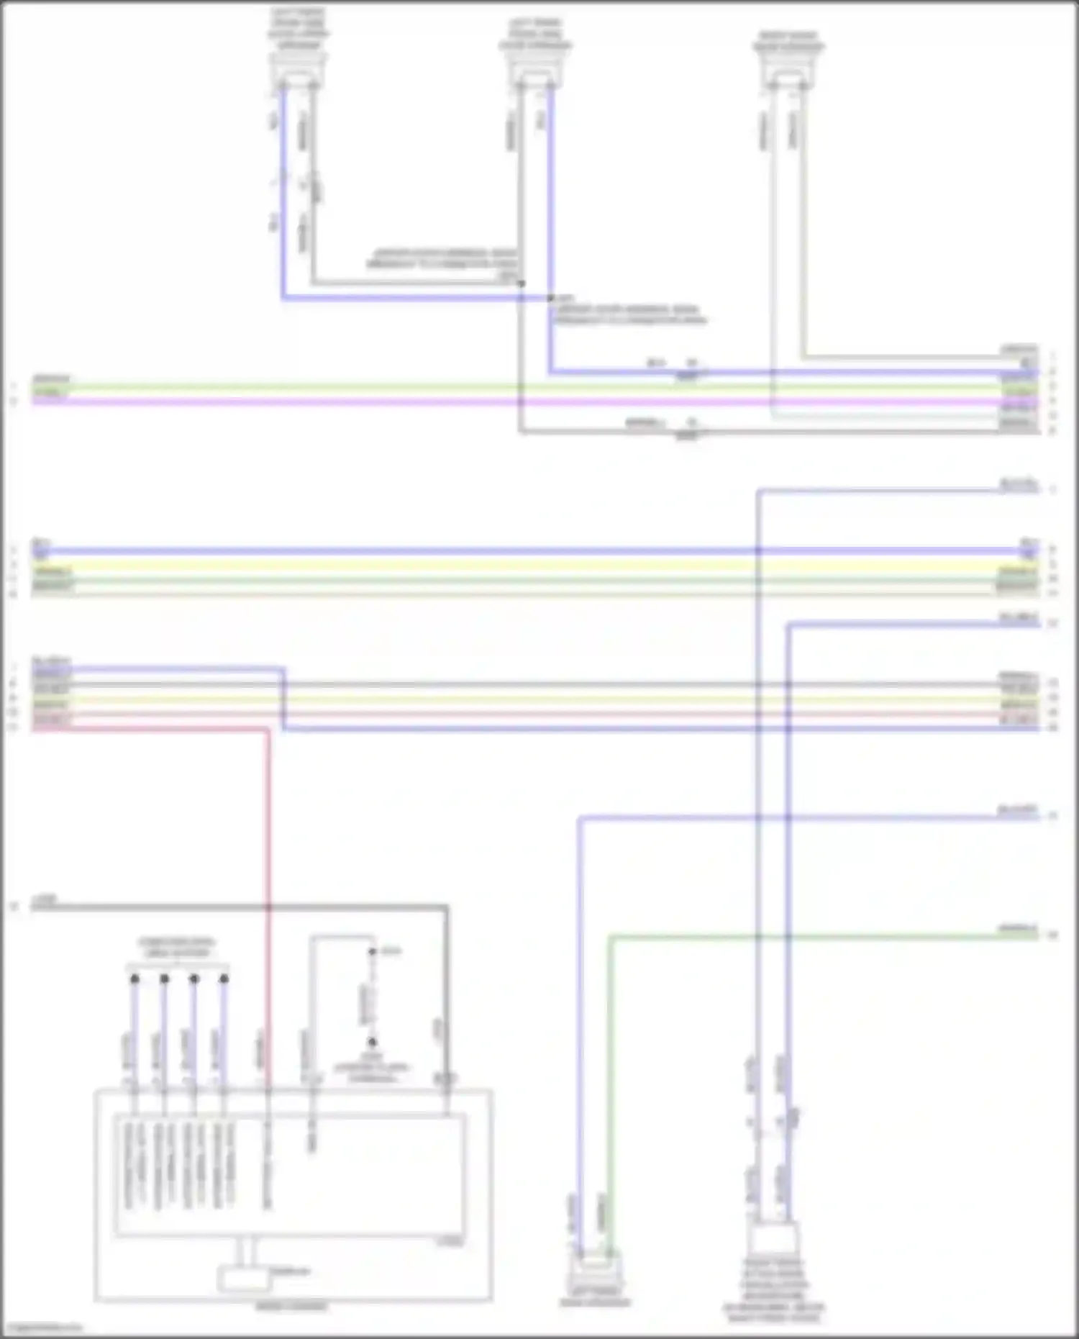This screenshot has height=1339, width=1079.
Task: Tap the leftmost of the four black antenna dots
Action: (x=135, y=979)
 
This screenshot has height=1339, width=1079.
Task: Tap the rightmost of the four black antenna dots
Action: (x=224, y=979)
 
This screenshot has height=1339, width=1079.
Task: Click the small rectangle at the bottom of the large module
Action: (x=244, y=1279)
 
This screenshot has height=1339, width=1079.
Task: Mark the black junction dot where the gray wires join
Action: (x=521, y=283)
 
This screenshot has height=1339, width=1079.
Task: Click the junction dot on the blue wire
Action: (x=550, y=297)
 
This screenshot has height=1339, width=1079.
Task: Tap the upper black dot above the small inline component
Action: (x=373, y=951)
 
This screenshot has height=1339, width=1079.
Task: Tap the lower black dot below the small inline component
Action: (x=373, y=1041)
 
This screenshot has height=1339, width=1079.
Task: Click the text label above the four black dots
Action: (x=177, y=947)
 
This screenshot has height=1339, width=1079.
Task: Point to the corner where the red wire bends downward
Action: (x=268, y=729)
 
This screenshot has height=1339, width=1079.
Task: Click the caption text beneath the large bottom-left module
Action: (x=291, y=1306)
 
